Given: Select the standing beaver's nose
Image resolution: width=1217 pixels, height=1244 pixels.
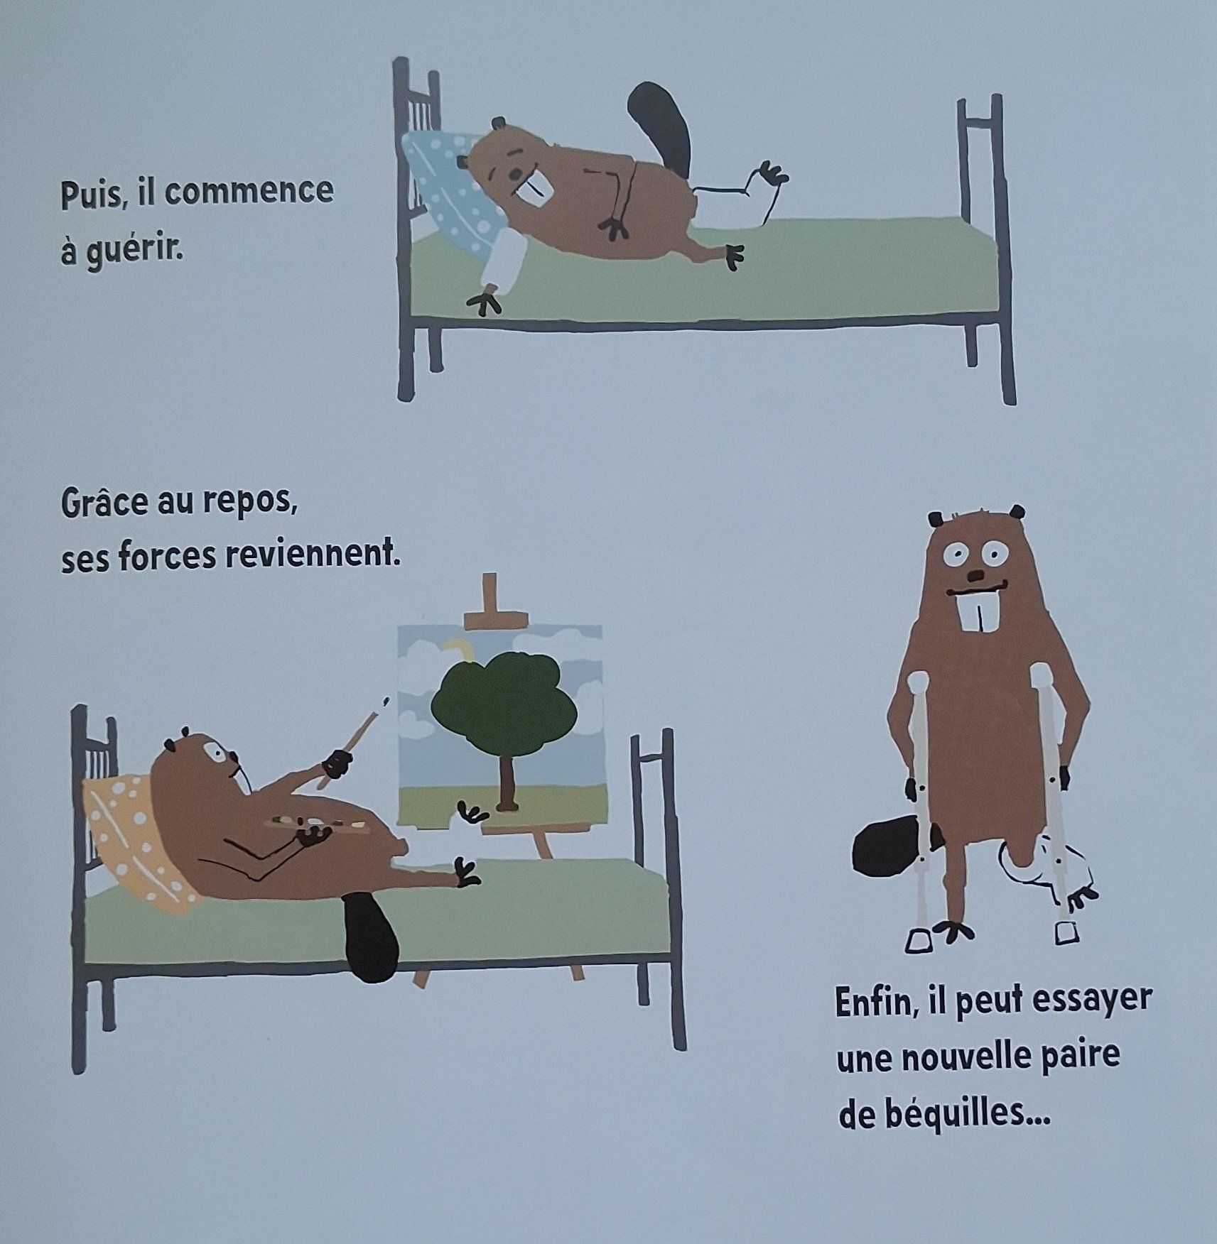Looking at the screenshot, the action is [x=980, y=574].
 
